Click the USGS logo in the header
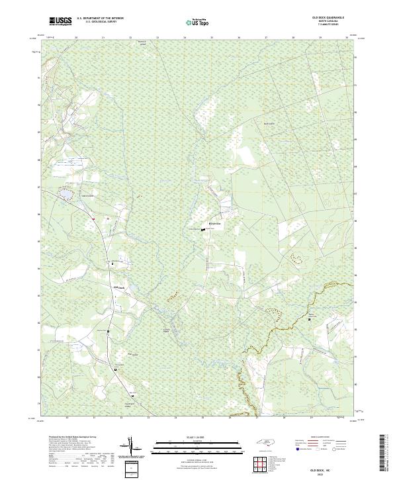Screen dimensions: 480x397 [x=61, y=21]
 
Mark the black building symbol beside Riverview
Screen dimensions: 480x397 [x=203, y=230]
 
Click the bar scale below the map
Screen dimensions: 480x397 [x=198, y=446]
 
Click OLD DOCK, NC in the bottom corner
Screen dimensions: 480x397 [x=329, y=467]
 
